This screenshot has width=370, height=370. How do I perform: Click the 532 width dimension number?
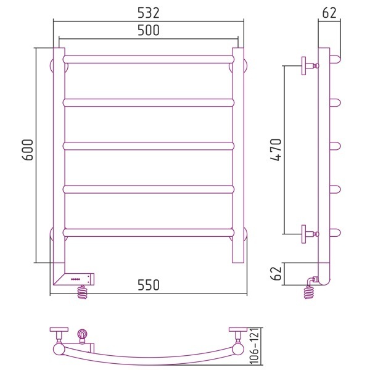(149, 13)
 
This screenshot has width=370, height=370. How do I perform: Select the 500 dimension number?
(149, 30)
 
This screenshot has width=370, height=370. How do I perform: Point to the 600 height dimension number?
(28, 150)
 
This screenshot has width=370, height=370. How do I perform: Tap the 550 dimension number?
(149, 285)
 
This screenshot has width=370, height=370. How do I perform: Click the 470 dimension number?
(276, 150)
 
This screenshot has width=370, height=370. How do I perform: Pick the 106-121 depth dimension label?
(254, 346)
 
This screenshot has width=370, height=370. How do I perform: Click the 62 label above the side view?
(329, 13)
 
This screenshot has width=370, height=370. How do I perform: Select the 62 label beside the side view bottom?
(276, 273)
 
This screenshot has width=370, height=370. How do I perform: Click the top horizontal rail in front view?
(149, 59)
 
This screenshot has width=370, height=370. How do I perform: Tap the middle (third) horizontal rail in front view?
(149, 146)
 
